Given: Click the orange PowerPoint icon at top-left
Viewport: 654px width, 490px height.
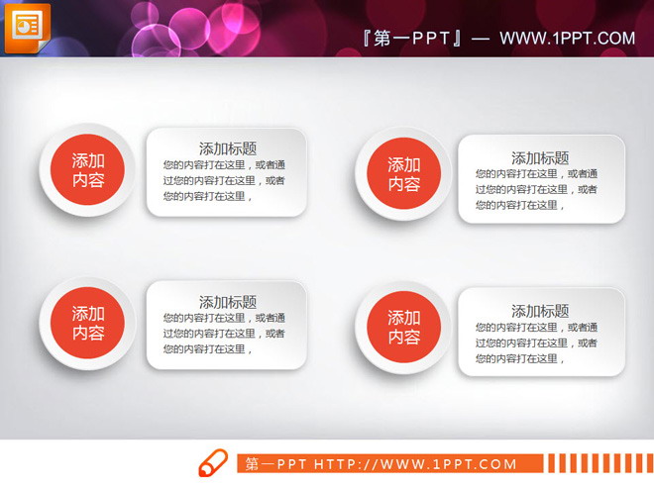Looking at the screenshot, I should [x=27, y=27].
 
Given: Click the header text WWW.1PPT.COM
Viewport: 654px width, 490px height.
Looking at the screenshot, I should [x=567, y=39].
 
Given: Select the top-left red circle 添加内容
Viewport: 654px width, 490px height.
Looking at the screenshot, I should [x=88, y=170].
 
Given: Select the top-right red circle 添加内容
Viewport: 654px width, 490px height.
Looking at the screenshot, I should [x=403, y=174].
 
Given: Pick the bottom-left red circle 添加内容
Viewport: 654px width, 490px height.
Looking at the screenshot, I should [x=88, y=324].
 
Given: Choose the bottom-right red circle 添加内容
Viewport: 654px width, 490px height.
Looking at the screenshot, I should [x=403, y=328].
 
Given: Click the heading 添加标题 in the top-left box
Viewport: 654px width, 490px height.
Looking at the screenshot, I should [x=228, y=148].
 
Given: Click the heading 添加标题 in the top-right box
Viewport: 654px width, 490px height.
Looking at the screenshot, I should [x=540, y=157].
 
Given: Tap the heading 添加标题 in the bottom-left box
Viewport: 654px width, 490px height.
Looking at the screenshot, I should [x=228, y=302].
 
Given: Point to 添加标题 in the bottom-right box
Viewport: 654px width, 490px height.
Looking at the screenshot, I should [x=540, y=311].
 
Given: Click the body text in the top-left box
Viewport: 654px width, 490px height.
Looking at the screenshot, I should [x=224, y=180].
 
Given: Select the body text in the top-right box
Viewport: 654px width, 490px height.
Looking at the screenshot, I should [x=536, y=189].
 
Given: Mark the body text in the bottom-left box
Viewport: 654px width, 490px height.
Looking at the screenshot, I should [x=224, y=334].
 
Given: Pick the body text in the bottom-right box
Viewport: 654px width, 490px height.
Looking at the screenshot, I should [x=536, y=343].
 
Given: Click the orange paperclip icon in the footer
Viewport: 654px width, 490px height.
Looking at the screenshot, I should [x=213, y=463].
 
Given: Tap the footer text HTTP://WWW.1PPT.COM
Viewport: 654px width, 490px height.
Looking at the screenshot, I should [x=415, y=464].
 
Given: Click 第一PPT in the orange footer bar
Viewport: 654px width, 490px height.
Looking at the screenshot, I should [x=276, y=464].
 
